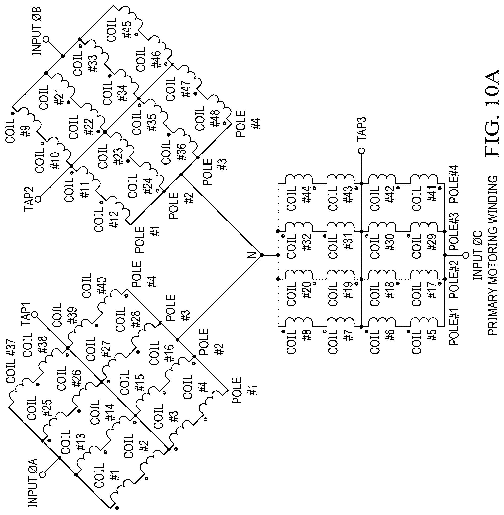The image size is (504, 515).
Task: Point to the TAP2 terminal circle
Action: coord(38,199)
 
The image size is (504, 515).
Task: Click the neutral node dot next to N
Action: coord(262,255)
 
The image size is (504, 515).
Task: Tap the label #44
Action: coord(307,195)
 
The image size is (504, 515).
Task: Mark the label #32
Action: coord(307,243)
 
